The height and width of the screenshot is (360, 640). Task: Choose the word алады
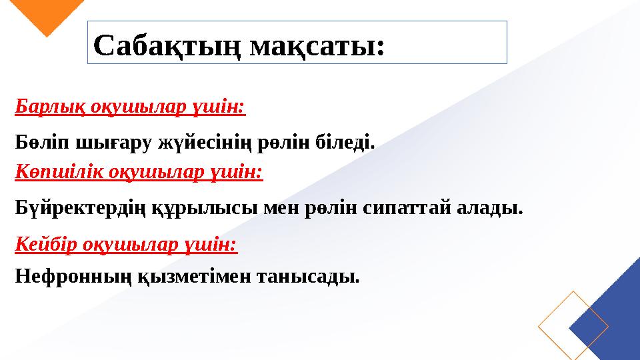point(490,209)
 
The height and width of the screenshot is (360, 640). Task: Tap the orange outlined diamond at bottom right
point(573,326)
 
